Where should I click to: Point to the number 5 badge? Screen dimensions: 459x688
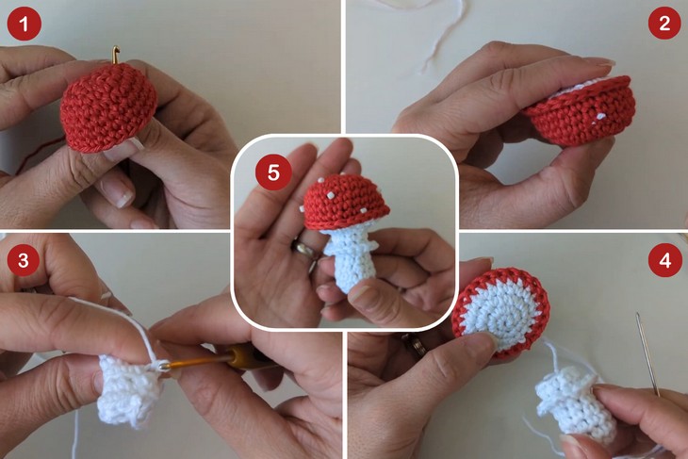pos(272,172)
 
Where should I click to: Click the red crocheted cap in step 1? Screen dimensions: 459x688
pos(108,109)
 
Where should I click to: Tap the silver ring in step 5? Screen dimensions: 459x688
pos(303,251)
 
